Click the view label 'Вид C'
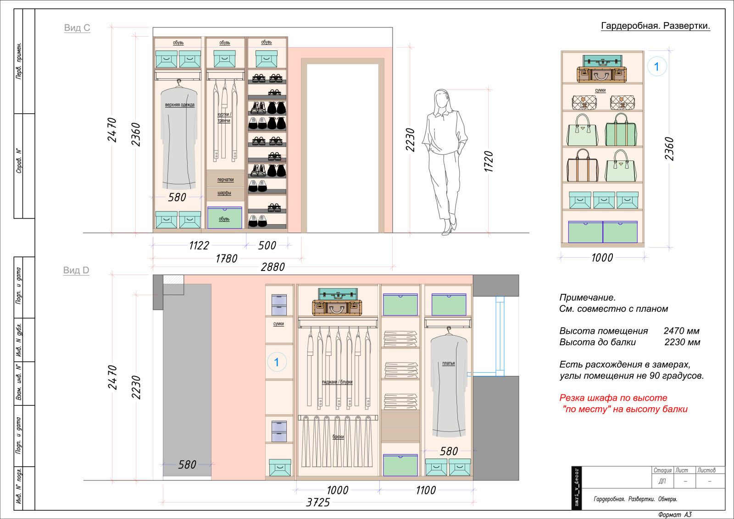point(77,28)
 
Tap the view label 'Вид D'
point(76,270)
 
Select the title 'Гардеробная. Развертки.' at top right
point(656,26)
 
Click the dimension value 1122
point(199,246)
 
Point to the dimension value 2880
point(272,267)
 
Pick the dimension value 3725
point(318,502)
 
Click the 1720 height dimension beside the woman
point(488,161)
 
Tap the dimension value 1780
point(226,259)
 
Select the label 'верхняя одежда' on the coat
point(179,105)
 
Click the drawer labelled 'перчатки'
point(225,179)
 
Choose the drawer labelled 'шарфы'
point(225,193)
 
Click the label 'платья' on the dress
point(449,363)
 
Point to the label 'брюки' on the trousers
point(338,436)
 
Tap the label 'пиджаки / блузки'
point(337,382)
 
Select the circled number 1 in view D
point(277,362)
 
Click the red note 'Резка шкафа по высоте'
point(613,398)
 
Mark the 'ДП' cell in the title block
point(662,481)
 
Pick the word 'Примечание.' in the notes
point(588,298)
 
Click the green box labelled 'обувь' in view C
point(224,218)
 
